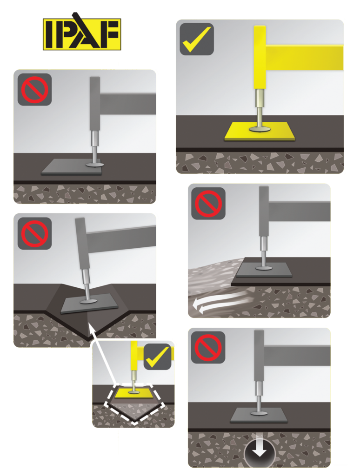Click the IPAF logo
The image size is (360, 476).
click(82, 34)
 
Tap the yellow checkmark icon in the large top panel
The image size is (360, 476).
click(197, 39)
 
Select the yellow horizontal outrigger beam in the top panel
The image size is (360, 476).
click(305, 57)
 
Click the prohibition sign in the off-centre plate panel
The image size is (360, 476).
click(34, 89)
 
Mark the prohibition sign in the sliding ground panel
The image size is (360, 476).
click(208, 203)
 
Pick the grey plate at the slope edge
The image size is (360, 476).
click(264, 270)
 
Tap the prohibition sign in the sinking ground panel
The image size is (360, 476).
click(208, 347)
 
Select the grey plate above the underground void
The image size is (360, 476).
click(259, 415)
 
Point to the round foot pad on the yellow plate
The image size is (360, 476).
click(259, 128)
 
